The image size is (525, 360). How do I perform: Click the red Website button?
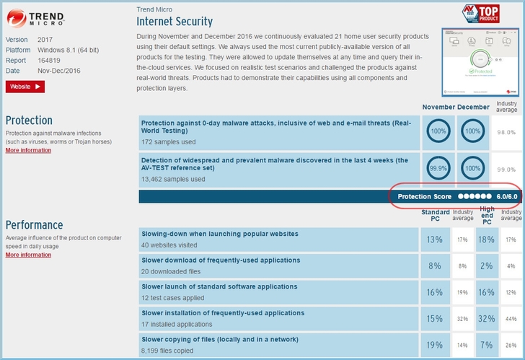point(25,87)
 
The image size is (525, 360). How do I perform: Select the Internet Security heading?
point(175,22)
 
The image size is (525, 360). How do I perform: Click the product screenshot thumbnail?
point(480,62)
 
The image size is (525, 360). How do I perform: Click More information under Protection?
point(28,150)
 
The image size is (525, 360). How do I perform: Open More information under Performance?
point(28,255)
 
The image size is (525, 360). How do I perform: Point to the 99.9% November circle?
point(438,167)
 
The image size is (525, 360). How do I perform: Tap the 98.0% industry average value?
point(506,133)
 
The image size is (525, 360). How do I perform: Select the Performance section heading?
point(34,225)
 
